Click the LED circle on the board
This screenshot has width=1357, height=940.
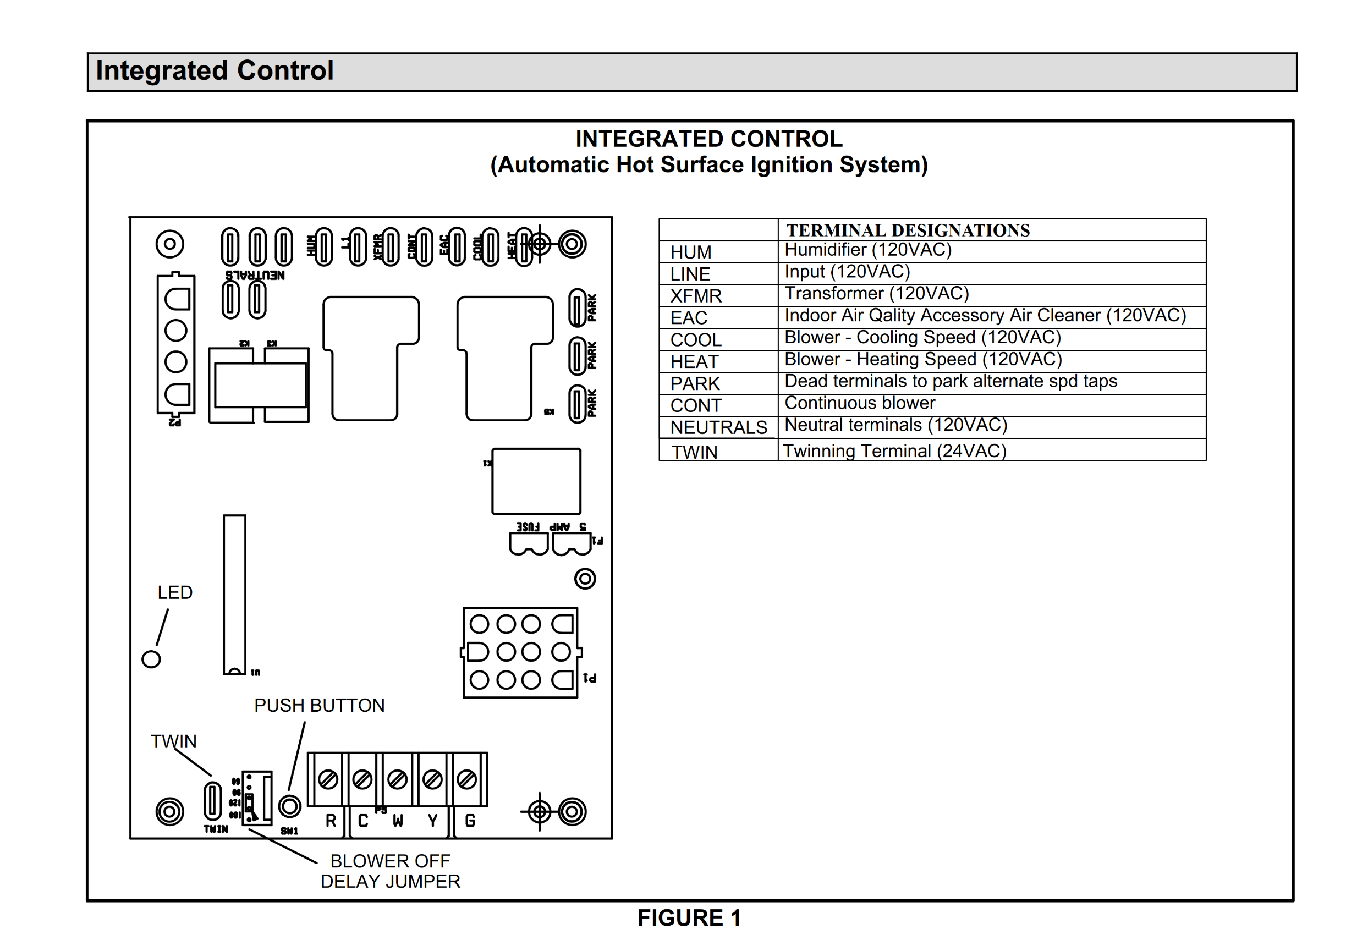point(151,659)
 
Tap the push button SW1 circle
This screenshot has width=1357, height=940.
point(289,806)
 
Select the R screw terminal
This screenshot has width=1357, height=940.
point(328,779)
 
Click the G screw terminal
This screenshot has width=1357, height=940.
point(467,779)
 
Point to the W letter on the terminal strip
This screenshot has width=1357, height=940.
point(398,821)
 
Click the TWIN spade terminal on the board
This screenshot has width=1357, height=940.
point(213,800)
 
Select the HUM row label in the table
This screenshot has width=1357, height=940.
point(691,252)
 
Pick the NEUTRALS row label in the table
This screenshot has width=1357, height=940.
point(718,427)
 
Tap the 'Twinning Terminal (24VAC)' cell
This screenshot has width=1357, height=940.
point(894,450)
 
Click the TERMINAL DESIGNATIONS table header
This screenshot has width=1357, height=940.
point(908,230)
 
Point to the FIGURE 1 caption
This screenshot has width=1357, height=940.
point(689,917)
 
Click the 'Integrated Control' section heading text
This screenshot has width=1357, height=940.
point(215,70)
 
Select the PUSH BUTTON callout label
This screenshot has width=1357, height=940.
point(319,705)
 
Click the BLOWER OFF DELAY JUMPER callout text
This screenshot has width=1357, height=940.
point(390,871)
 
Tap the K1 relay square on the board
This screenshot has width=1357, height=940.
point(536,481)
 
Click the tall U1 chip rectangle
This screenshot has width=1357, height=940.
point(234,593)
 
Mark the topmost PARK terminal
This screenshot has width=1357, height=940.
point(577,307)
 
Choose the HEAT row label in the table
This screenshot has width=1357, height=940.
point(694,361)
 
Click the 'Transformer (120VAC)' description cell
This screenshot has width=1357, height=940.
point(877,293)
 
